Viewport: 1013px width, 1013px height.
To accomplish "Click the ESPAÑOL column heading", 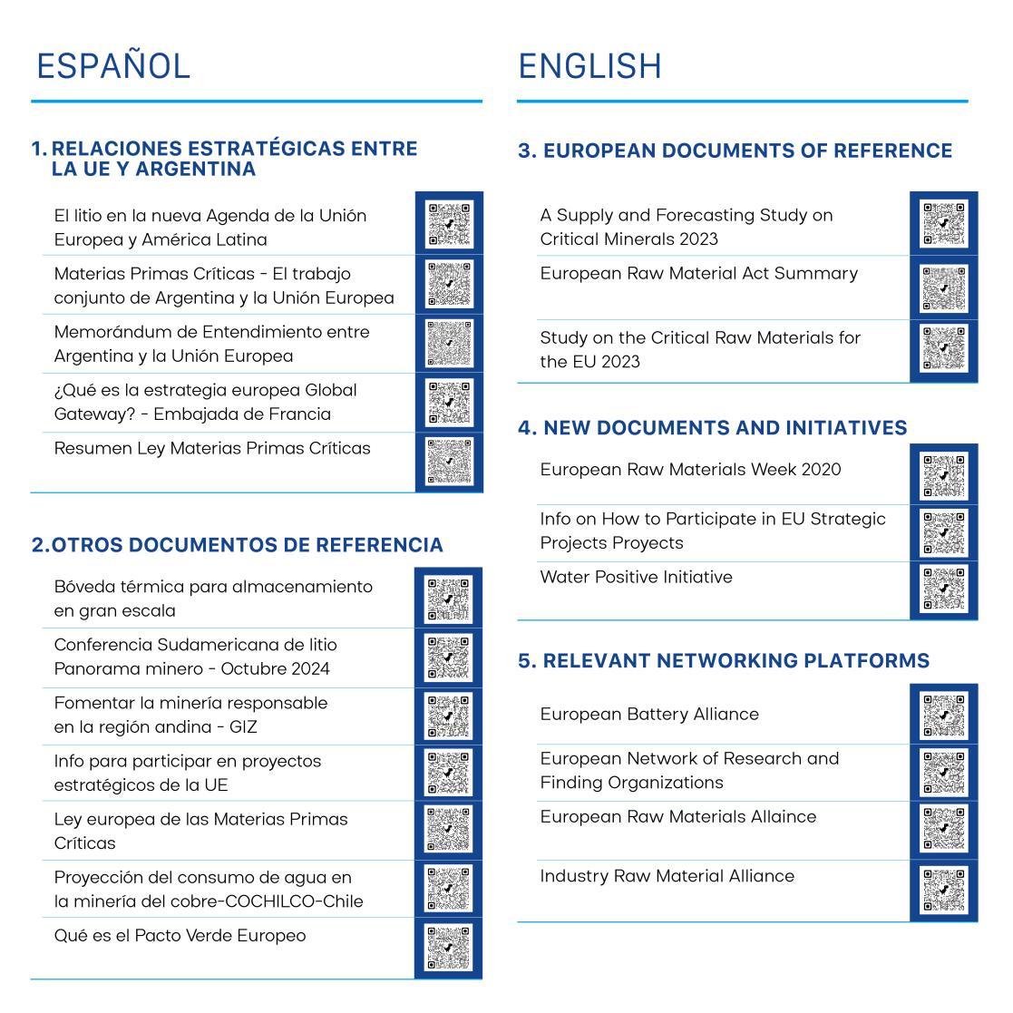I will click(113, 66).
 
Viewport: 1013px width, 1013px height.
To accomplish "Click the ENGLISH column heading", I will click(589, 66).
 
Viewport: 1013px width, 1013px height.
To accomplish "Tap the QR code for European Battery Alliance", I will click(943, 714).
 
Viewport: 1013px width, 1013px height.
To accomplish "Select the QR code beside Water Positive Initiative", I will click(943, 589).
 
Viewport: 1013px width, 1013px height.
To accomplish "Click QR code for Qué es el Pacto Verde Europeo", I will click(449, 948).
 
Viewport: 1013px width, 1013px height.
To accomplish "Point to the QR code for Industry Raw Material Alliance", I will click(943, 890).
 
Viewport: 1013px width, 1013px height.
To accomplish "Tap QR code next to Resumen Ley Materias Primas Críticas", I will click(449, 462).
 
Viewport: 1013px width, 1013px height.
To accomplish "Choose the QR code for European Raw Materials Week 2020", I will click(943, 474).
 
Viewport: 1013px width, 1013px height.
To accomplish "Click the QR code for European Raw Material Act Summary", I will click(943, 287).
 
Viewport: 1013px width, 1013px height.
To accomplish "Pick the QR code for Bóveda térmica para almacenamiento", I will click(449, 599).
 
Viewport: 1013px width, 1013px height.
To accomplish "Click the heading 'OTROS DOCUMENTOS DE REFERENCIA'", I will click(247, 545).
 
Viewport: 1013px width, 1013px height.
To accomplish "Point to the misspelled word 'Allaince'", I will click(781, 817).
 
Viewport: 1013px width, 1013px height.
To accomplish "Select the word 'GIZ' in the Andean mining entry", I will click(244, 727).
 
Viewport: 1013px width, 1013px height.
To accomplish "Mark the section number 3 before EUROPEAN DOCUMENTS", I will click(524, 151).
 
